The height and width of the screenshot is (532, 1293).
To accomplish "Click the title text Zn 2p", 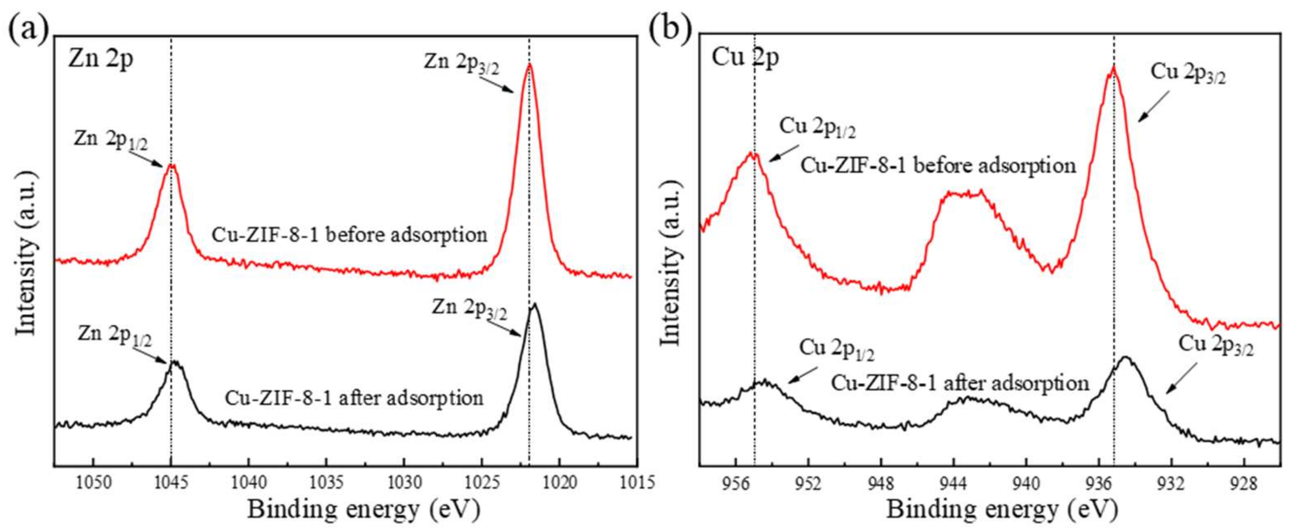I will pos(100,60).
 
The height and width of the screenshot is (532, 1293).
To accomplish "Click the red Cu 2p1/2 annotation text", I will pos(817,128).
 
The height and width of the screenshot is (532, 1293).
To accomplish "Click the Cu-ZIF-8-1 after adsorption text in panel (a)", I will pos(354,398).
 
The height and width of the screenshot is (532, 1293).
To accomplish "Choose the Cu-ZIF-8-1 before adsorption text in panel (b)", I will pos(938,165).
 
